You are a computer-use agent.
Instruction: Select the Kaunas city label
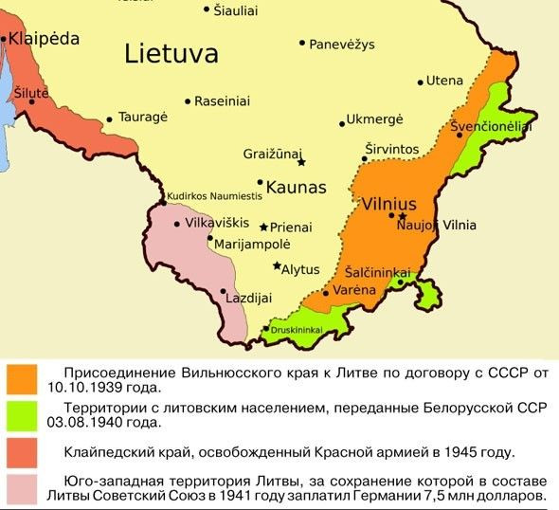297,186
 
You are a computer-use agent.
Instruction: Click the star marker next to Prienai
263,228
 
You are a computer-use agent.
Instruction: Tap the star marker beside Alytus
277,266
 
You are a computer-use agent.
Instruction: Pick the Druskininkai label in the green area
298,330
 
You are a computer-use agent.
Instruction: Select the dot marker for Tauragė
111,119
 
